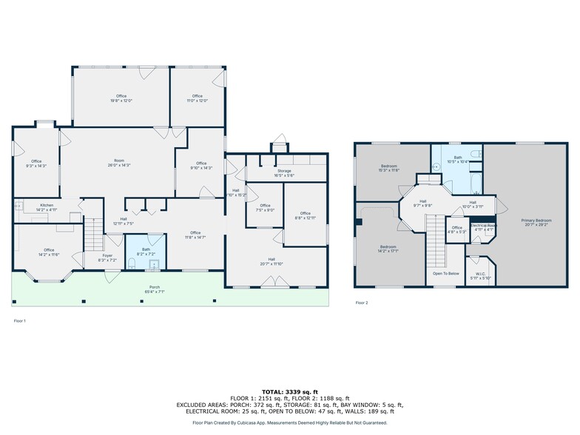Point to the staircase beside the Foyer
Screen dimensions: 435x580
92,235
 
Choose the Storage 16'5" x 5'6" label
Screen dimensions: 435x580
284,173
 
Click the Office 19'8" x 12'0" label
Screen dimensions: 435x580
121,98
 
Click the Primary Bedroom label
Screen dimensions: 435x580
536,222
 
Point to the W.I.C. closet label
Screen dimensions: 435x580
481,276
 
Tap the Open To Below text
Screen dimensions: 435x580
445,273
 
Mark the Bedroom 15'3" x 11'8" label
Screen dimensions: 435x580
390,168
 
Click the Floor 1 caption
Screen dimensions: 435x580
20,320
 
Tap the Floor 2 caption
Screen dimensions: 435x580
362,303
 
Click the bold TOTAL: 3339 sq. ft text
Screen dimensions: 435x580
289,391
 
